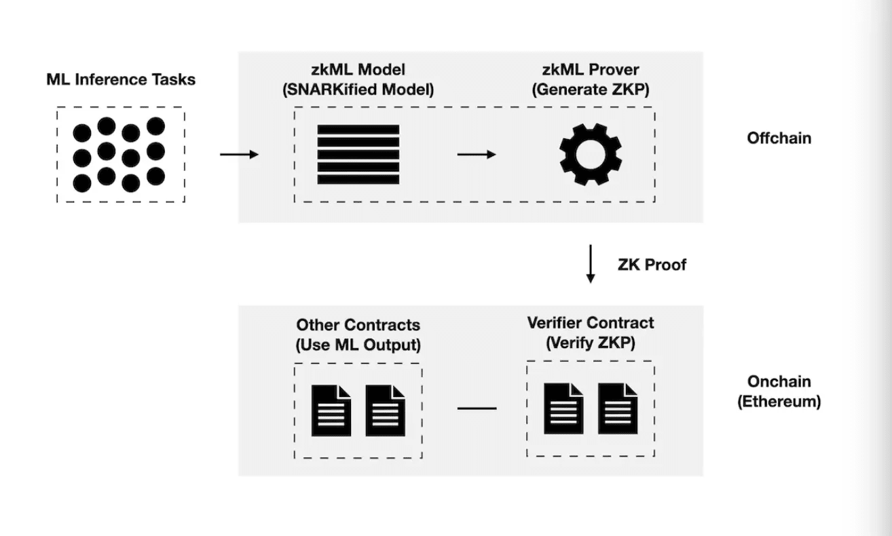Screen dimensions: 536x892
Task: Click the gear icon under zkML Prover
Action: point(591,154)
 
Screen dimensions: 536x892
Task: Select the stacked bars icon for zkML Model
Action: point(358,154)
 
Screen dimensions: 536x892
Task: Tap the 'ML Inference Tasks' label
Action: point(121,79)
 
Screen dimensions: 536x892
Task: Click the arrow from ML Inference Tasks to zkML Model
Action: point(240,155)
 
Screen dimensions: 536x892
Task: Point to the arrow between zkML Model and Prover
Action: point(477,155)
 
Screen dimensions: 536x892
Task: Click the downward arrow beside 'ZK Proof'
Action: point(591,263)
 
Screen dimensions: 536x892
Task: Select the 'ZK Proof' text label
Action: point(652,265)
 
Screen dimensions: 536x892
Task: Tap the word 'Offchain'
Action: point(779,138)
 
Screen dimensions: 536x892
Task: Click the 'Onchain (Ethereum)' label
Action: point(779,391)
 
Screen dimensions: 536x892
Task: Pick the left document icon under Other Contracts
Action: point(331,410)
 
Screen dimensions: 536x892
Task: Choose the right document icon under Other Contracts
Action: point(385,410)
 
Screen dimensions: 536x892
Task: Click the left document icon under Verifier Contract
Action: point(563,408)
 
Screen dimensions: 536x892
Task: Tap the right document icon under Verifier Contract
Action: point(618,408)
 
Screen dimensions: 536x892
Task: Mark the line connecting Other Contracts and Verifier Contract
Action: point(477,408)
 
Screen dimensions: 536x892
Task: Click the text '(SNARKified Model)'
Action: point(358,90)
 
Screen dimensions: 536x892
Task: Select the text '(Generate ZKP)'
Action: point(591,90)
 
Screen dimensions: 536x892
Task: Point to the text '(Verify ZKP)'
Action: point(591,343)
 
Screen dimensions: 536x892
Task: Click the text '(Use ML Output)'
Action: point(358,345)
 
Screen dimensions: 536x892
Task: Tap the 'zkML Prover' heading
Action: point(591,70)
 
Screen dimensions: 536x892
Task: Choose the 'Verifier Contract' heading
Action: point(591,323)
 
